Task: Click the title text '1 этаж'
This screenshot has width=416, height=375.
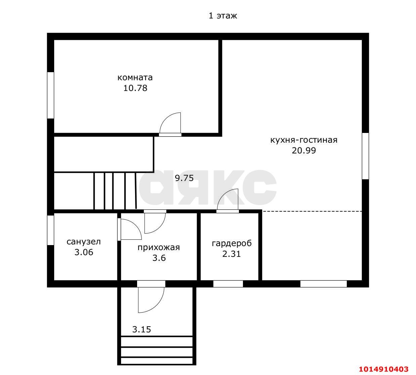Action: point(223,16)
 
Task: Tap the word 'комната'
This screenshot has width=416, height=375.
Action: point(135,78)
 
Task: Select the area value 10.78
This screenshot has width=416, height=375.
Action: point(135,88)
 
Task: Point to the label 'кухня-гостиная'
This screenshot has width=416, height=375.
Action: point(304,140)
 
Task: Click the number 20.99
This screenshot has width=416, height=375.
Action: point(304,151)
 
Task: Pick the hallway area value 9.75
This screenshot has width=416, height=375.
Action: point(184,178)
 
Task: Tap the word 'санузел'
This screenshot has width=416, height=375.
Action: point(84,242)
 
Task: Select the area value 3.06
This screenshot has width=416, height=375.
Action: point(84,252)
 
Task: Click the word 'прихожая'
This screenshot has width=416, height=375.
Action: point(159,247)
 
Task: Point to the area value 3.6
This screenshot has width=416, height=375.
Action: point(159,258)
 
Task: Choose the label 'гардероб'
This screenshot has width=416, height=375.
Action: point(232,243)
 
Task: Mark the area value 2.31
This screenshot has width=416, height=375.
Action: point(232,254)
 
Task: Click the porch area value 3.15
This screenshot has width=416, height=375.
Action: point(142,330)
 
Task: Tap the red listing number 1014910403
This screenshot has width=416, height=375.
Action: point(384,369)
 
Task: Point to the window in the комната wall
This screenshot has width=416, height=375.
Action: point(51,95)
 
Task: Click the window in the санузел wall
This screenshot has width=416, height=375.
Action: point(51,230)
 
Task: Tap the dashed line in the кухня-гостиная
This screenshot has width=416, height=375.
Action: point(312,211)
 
